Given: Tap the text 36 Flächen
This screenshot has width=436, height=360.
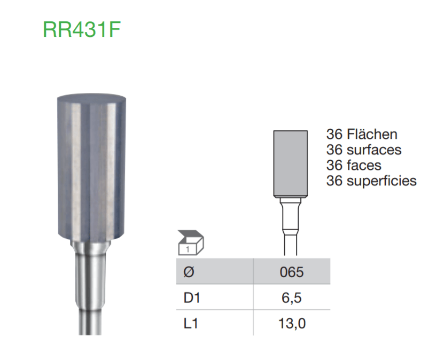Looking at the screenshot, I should pos(362,135).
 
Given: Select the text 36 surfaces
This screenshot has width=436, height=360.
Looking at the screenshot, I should pos(363,150).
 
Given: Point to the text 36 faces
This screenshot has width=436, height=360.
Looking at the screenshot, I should pos(354,166).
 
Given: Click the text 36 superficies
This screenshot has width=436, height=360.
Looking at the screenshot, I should pos(371,181).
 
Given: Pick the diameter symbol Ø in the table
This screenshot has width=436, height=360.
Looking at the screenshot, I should pos(188,272).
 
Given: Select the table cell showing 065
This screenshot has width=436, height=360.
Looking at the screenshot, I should pos(291,272).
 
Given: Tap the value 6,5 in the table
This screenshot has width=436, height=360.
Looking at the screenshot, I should pos(291,298).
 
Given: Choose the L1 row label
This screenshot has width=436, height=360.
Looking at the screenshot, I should pos(190,323).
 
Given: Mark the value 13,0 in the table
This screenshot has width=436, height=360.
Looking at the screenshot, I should pos(291,323).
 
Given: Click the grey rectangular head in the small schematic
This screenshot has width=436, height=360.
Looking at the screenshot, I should pos(290,163).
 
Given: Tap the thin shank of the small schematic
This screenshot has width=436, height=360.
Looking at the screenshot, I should pos(290,246).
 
